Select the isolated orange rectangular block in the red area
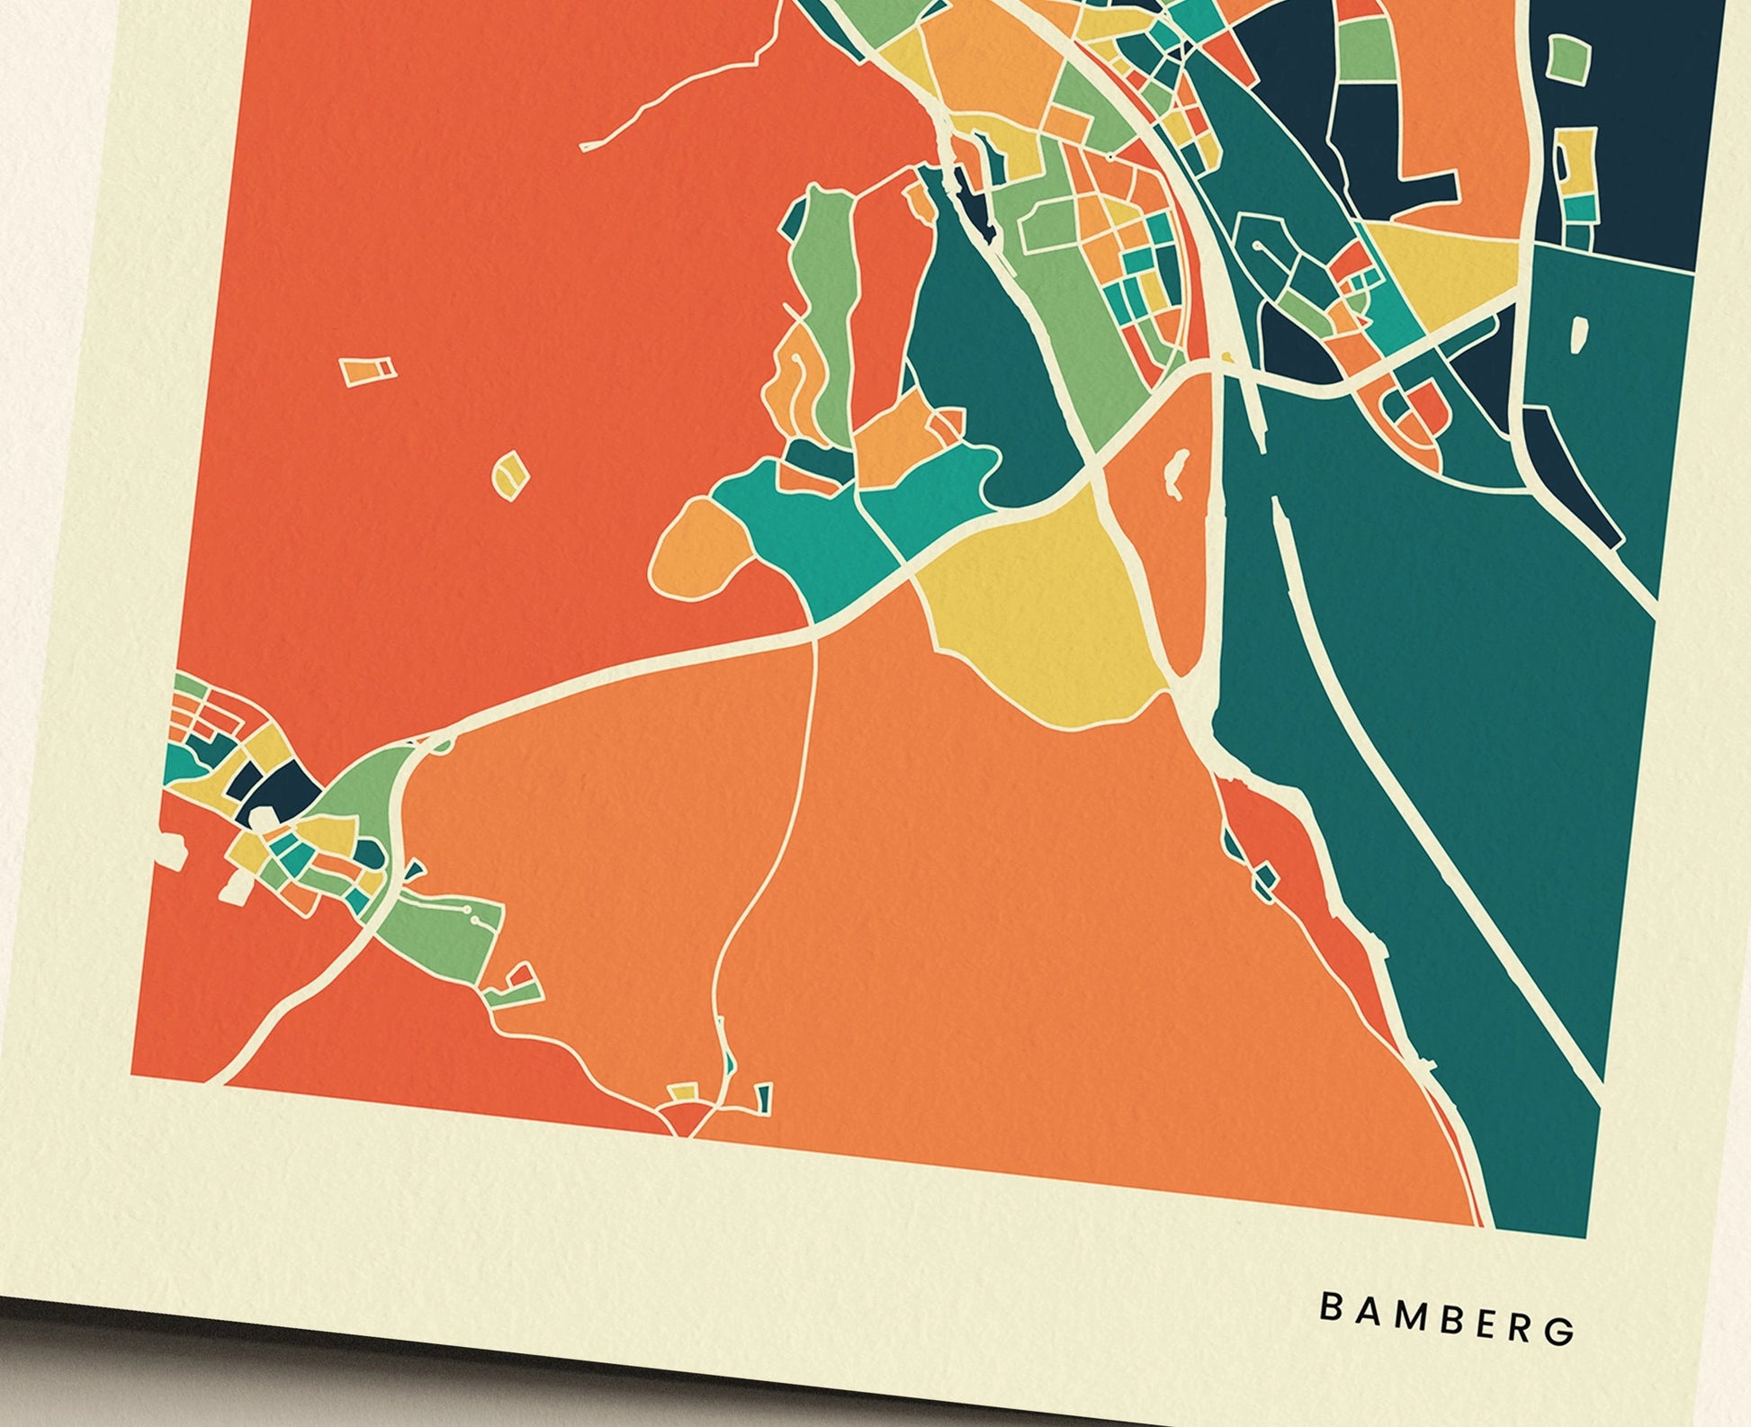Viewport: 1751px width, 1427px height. click(x=366, y=370)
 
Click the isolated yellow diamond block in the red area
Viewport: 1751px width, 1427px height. click(x=508, y=473)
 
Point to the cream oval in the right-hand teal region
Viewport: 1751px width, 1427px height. click(x=1577, y=335)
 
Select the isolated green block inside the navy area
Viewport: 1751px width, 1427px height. click(x=1568, y=59)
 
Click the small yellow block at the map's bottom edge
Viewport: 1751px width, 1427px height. click(x=682, y=1092)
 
